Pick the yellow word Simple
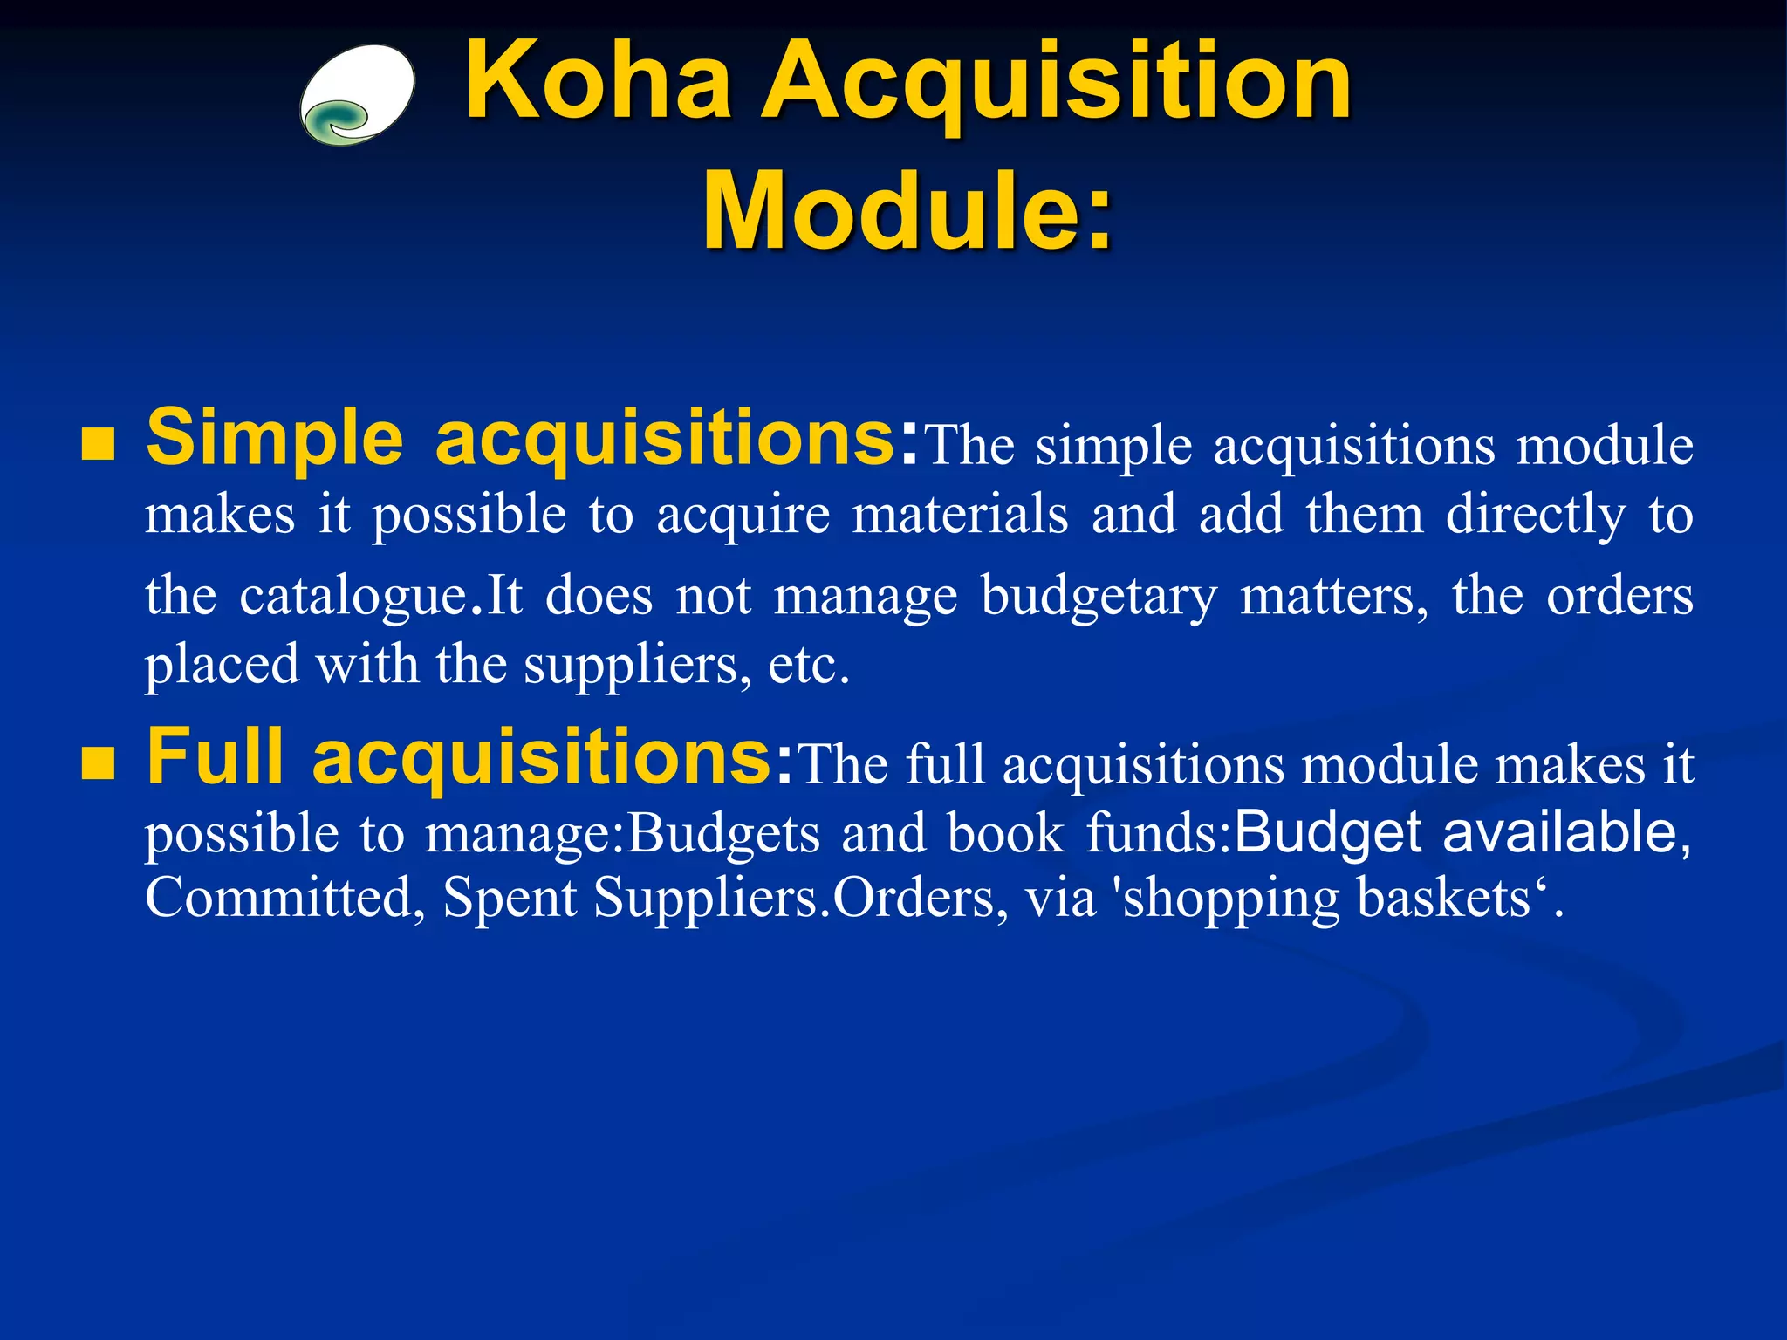pyautogui.click(x=274, y=439)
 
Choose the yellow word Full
pyautogui.click(x=215, y=756)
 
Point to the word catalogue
pyautogui.click(x=354, y=597)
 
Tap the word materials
pyautogui.click(x=960, y=514)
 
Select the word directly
pyautogui.click(x=1536, y=516)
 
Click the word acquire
pyautogui.click(x=743, y=516)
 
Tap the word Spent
pyautogui.click(x=510, y=898)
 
